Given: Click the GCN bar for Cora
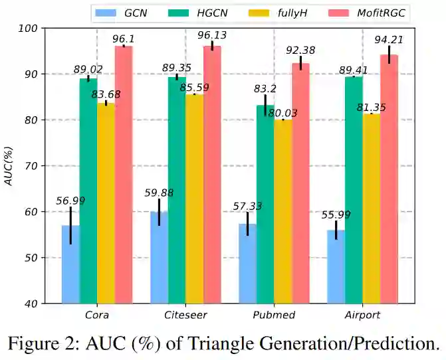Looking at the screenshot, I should (x=70, y=264).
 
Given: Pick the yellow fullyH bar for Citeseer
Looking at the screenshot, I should (x=194, y=199).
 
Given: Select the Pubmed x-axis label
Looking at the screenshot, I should (x=274, y=314).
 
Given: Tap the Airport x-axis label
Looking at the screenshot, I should (x=362, y=314).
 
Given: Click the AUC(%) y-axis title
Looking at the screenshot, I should (x=9, y=166).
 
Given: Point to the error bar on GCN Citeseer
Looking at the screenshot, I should (x=159, y=212).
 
